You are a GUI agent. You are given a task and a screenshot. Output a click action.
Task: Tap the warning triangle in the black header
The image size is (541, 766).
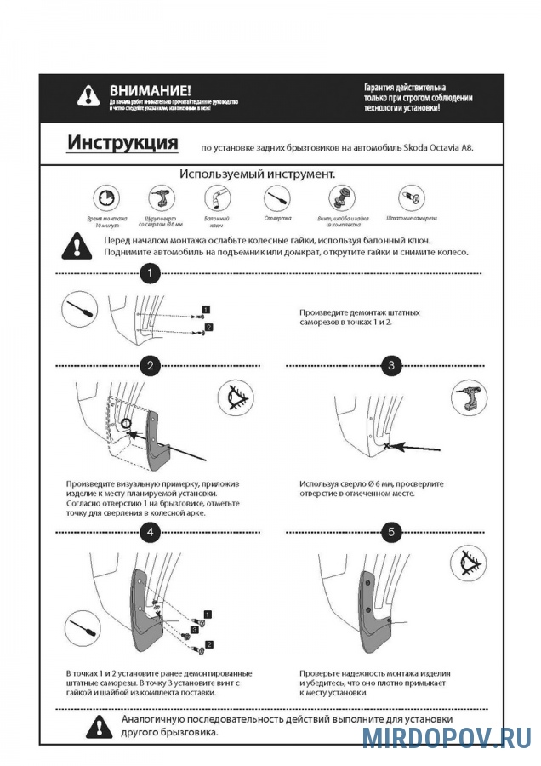88,95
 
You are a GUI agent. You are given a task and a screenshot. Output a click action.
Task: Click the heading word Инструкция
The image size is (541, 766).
122,142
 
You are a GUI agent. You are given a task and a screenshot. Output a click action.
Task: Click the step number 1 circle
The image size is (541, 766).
150,273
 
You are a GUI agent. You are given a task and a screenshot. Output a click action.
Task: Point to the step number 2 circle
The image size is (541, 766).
150,366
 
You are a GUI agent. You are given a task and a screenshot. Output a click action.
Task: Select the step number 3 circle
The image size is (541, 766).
391,366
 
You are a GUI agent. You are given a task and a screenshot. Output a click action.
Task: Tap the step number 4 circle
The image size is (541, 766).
150,533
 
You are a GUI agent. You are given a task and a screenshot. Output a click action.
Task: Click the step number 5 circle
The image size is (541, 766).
391,533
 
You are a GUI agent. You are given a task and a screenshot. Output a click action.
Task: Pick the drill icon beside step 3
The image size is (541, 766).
467,397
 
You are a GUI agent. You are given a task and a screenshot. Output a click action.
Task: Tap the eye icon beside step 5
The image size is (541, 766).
467,563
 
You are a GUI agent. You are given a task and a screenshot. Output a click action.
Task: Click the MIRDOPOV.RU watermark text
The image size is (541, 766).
447,736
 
